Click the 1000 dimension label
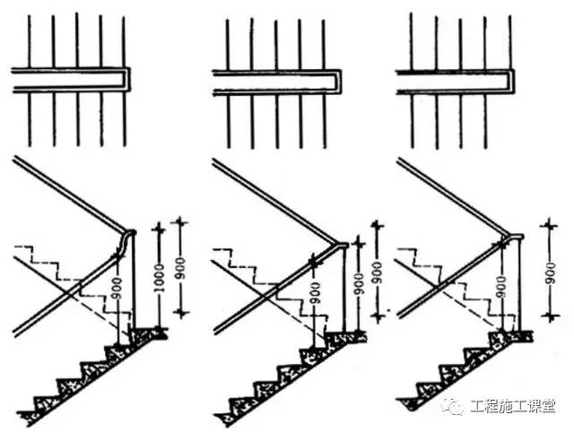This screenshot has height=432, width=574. (x=160, y=278)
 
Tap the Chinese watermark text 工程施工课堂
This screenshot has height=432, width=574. (x=512, y=406)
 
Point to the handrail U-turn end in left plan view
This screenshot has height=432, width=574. (x=126, y=80)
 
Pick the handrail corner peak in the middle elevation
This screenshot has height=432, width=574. (x=341, y=245)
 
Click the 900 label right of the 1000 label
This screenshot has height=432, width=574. (x=180, y=268)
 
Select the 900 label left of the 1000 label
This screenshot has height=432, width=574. (x=117, y=289)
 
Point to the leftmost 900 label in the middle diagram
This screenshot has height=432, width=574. (x=314, y=293)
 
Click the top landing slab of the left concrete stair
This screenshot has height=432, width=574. (x=148, y=333)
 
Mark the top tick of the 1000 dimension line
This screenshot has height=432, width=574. (x=159, y=229)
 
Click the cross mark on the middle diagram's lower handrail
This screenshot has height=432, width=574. (x=314, y=261)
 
